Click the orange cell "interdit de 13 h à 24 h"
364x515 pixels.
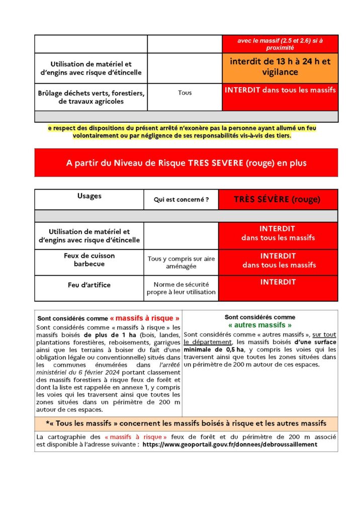(280, 67)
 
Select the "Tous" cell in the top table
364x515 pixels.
(185, 93)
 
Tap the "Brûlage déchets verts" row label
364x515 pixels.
(91, 98)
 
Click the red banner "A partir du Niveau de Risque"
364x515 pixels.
(186, 163)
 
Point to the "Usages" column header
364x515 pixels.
(89, 196)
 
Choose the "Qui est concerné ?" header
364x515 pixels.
(181, 200)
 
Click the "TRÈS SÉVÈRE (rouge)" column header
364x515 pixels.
(278, 199)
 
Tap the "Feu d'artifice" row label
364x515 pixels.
(89, 285)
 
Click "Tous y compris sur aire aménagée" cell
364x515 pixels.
(181, 263)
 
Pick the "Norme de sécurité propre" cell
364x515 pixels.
(181, 288)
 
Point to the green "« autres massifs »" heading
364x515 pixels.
(260, 325)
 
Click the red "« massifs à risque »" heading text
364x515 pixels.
(145, 318)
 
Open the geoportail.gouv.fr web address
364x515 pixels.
(230, 445)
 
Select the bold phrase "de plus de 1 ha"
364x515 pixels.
(104, 334)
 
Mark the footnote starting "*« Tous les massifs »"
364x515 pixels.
(186, 423)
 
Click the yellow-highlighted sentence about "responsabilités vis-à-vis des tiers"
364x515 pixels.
(182, 132)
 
